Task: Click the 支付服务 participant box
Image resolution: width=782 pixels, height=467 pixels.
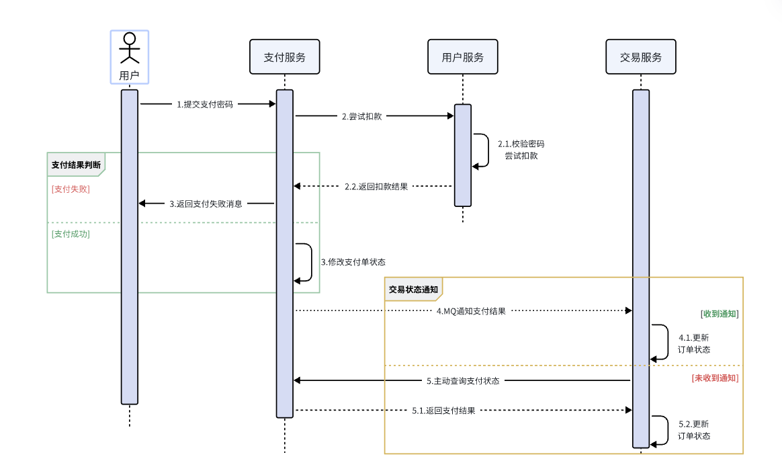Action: (x=284, y=57)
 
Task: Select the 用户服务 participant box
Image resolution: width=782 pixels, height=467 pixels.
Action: (x=462, y=57)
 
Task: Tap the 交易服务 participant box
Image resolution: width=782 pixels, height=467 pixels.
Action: (x=640, y=57)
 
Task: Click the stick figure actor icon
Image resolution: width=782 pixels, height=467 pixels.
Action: (x=130, y=48)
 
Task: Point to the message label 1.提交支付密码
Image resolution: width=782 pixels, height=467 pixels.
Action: (x=205, y=104)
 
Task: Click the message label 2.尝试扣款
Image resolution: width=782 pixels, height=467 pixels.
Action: (x=361, y=116)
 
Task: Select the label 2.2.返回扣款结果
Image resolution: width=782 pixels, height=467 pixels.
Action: (x=376, y=187)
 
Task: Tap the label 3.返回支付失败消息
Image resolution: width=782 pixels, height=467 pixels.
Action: (x=206, y=204)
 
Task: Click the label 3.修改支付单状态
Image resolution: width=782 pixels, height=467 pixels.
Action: (x=353, y=262)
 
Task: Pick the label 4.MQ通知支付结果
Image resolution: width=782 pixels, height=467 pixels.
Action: (x=471, y=311)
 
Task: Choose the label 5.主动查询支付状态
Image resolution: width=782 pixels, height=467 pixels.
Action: (x=463, y=381)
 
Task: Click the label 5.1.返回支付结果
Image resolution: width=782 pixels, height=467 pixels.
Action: (x=443, y=411)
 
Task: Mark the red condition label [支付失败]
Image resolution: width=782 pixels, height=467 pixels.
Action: (x=71, y=189)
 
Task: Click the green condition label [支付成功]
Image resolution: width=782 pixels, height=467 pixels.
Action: (x=71, y=234)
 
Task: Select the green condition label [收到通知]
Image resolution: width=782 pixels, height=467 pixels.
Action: (x=720, y=314)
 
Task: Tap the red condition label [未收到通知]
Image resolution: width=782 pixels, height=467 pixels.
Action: (x=715, y=378)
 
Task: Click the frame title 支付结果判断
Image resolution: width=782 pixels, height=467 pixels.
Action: (x=77, y=165)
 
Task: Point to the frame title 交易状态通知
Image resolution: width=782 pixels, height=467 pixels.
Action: (x=413, y=290)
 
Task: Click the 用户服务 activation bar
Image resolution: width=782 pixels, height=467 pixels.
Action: (x=463, y=155)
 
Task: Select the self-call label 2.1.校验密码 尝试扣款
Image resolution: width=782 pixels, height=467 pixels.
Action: (x=521, y=150)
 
